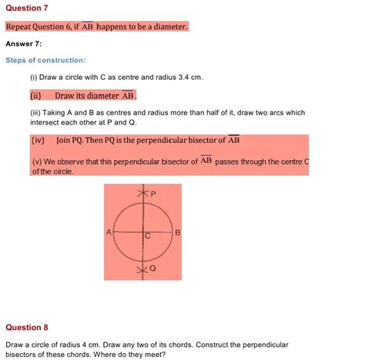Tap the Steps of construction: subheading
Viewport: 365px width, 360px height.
point(45,60)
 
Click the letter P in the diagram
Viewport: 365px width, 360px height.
point(152,195)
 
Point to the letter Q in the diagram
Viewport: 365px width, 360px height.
point(152,268)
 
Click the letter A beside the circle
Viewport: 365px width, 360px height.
point(109,232)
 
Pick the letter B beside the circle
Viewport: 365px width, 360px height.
point(177,232)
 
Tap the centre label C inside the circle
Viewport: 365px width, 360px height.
point(146,237)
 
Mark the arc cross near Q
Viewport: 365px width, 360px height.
point(140,270)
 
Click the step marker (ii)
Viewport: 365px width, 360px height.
point(35,96)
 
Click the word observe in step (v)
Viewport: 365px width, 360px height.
point(75,162)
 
